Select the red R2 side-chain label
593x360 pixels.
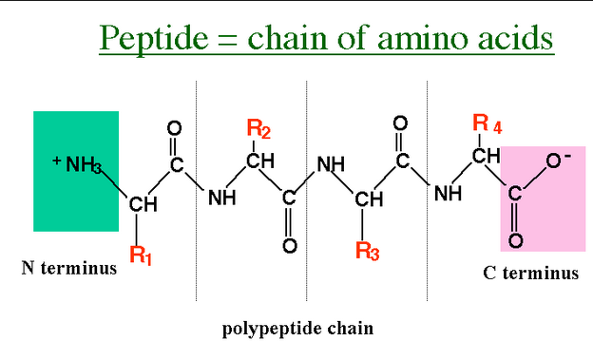coord(258,128)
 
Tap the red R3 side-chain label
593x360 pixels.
coord(368,251)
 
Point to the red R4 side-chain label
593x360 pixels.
coord(488,124)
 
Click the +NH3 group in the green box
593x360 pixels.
coord(77,164)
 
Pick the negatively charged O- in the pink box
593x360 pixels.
coord(558,161)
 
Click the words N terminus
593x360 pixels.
coord(69,268)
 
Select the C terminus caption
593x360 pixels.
coord(530,273)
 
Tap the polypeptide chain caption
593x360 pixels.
coord(297,329)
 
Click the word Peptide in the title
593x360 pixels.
coord(154,38)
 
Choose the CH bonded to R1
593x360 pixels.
coord(143,204)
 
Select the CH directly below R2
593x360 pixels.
coord(260,161)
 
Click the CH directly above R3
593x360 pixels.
coord(369,199)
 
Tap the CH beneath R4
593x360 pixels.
coord(487,156)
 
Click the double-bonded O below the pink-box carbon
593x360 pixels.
coord(516,240)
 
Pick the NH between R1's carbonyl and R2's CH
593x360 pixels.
coord(222,198)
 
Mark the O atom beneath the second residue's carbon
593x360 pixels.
coord(290,246)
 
